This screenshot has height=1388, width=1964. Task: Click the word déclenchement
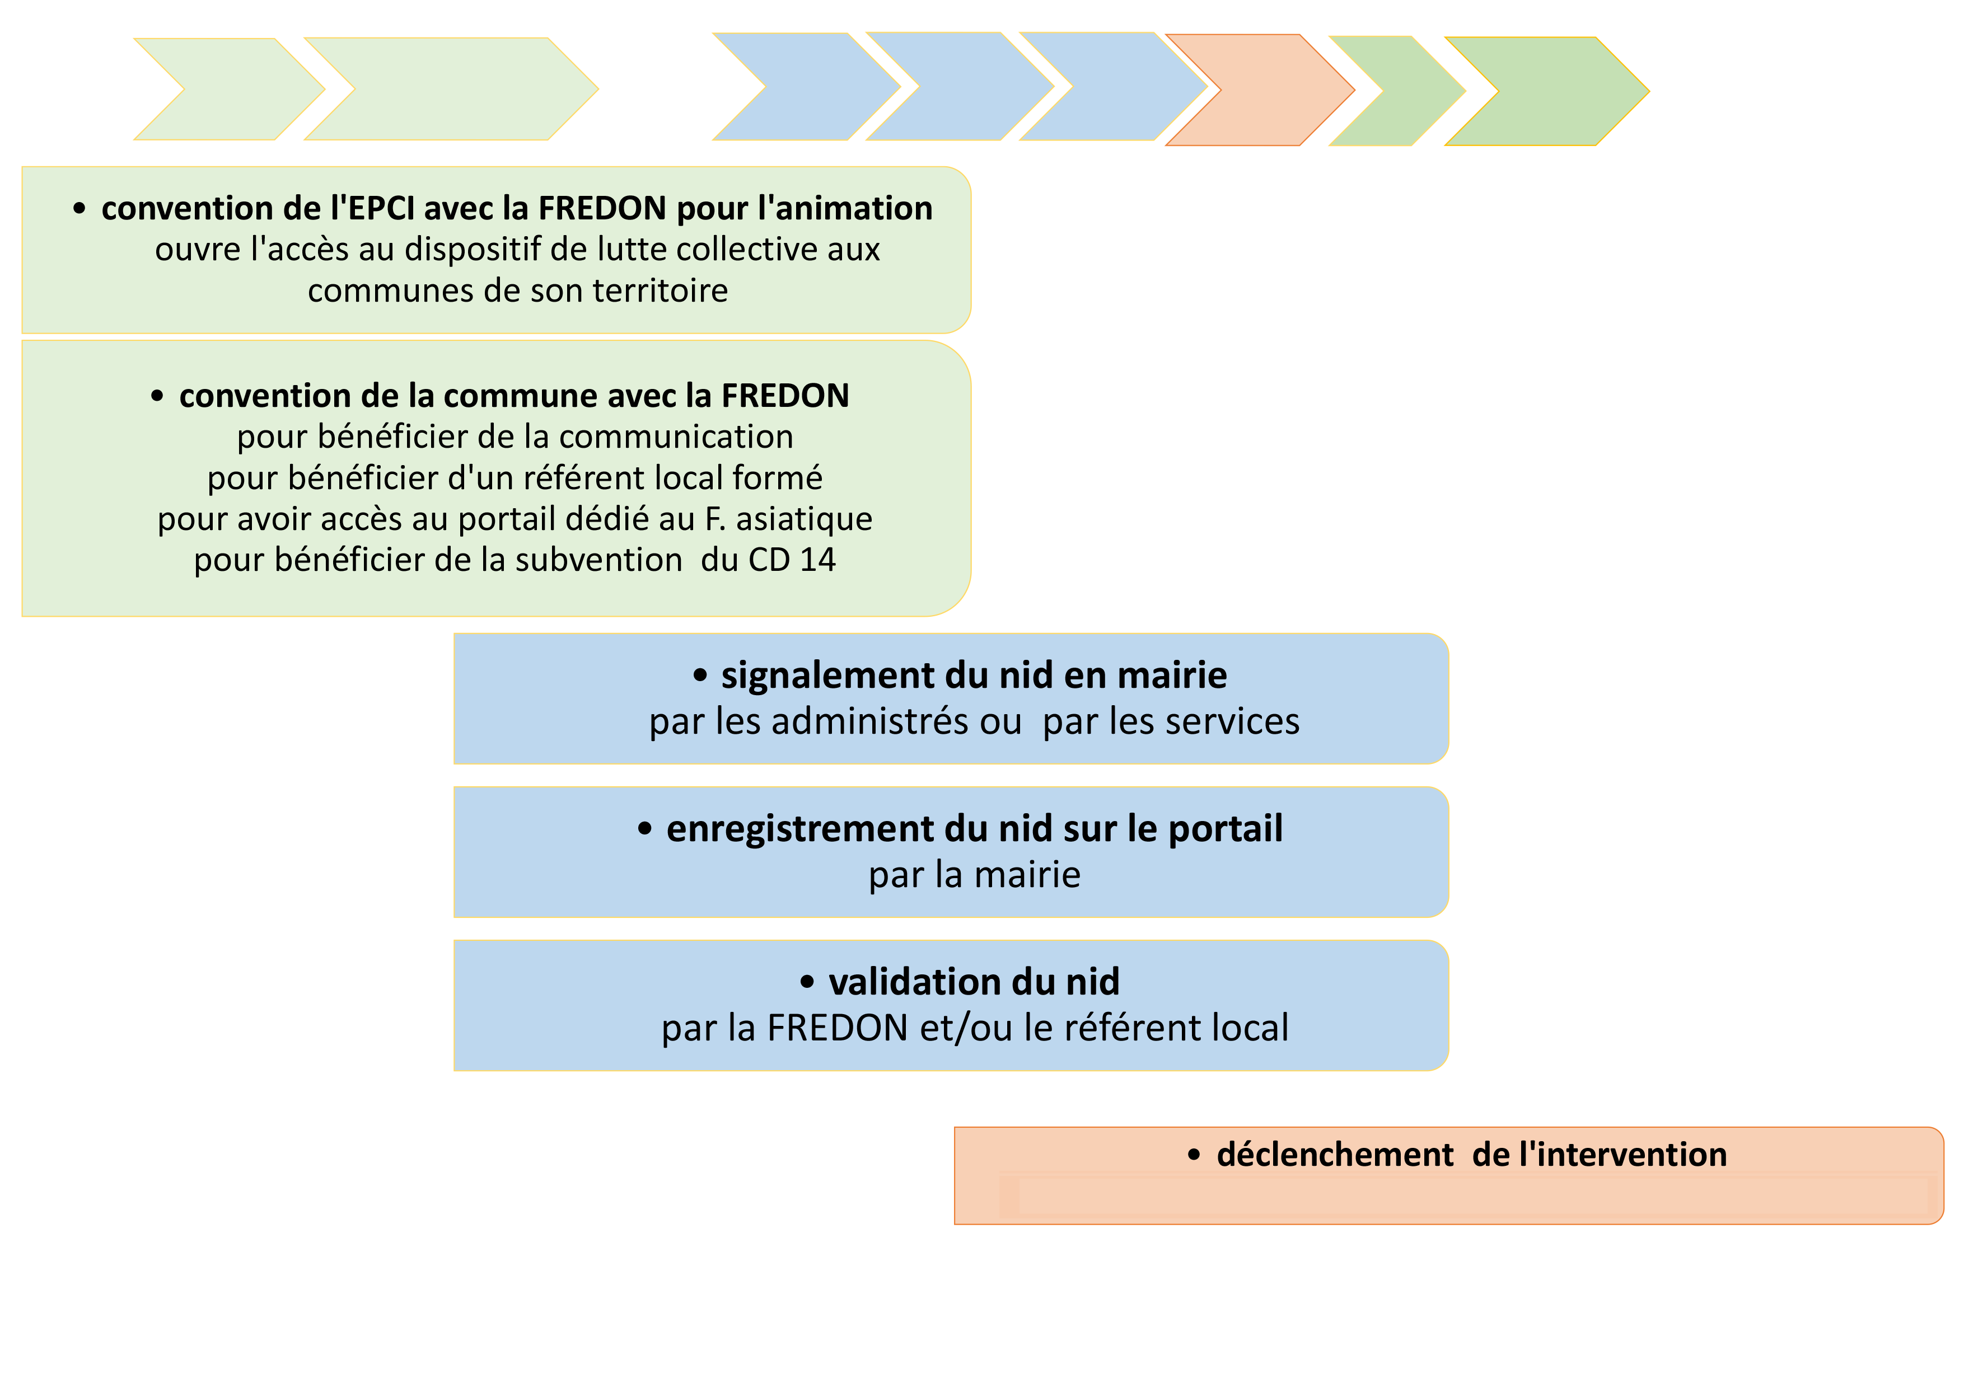[1334, 1155]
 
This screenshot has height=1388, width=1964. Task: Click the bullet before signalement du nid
[700, 676]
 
